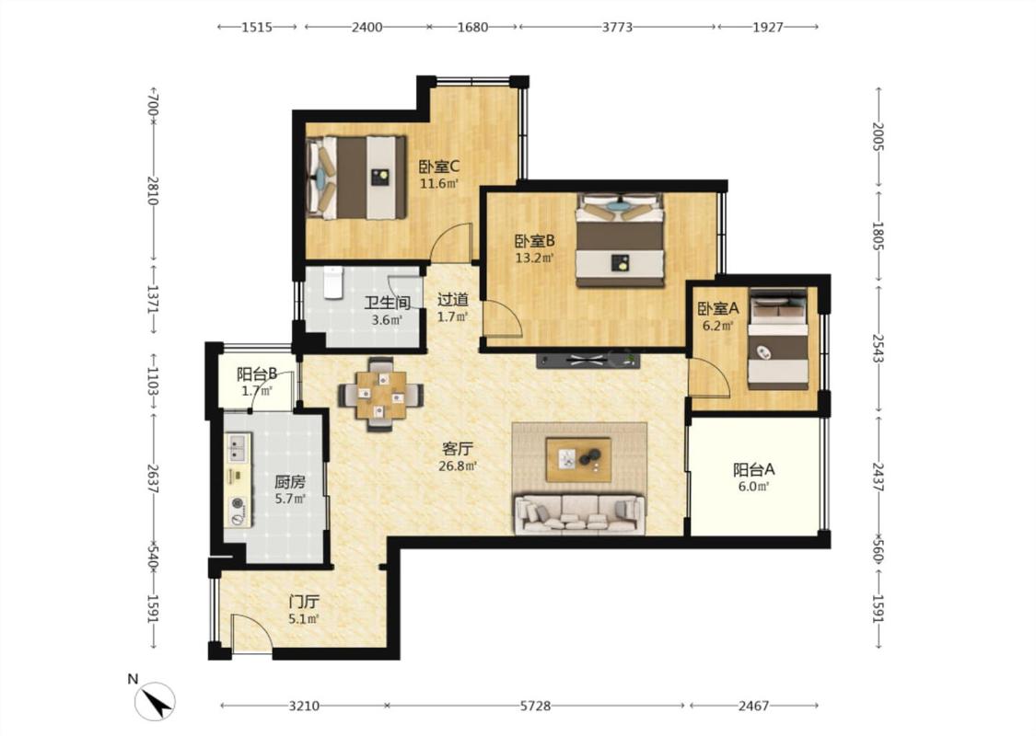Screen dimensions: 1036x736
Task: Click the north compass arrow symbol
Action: tap(155, 701)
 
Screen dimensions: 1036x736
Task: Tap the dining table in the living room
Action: tap(380, 395)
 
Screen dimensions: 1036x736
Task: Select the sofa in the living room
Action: tap(579, 513)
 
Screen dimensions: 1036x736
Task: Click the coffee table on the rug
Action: tap(578, 459)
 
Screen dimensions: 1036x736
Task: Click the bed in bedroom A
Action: tap(778, 339)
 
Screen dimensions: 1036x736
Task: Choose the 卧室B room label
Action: tap(534, 242)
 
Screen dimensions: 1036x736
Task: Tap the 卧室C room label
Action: tap(439, 167)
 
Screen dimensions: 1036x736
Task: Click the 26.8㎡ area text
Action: tap(458, 466)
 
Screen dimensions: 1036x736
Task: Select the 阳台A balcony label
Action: tap(754, 470)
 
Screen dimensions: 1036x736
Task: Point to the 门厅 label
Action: tap(304, 602)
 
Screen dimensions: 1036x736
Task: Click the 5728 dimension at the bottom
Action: tap(535, 707)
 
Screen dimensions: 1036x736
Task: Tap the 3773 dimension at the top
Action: tap(617, 27)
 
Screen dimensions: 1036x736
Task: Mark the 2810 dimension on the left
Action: tap(153, 190)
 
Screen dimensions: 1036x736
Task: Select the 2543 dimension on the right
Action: tap(879, 348)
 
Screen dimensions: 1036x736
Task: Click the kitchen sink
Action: tap(238, 447)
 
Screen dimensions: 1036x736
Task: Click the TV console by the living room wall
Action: tap(588, 361)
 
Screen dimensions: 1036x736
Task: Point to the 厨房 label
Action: tap(290, 482)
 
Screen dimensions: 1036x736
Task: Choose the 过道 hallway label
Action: tap(452, 300)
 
